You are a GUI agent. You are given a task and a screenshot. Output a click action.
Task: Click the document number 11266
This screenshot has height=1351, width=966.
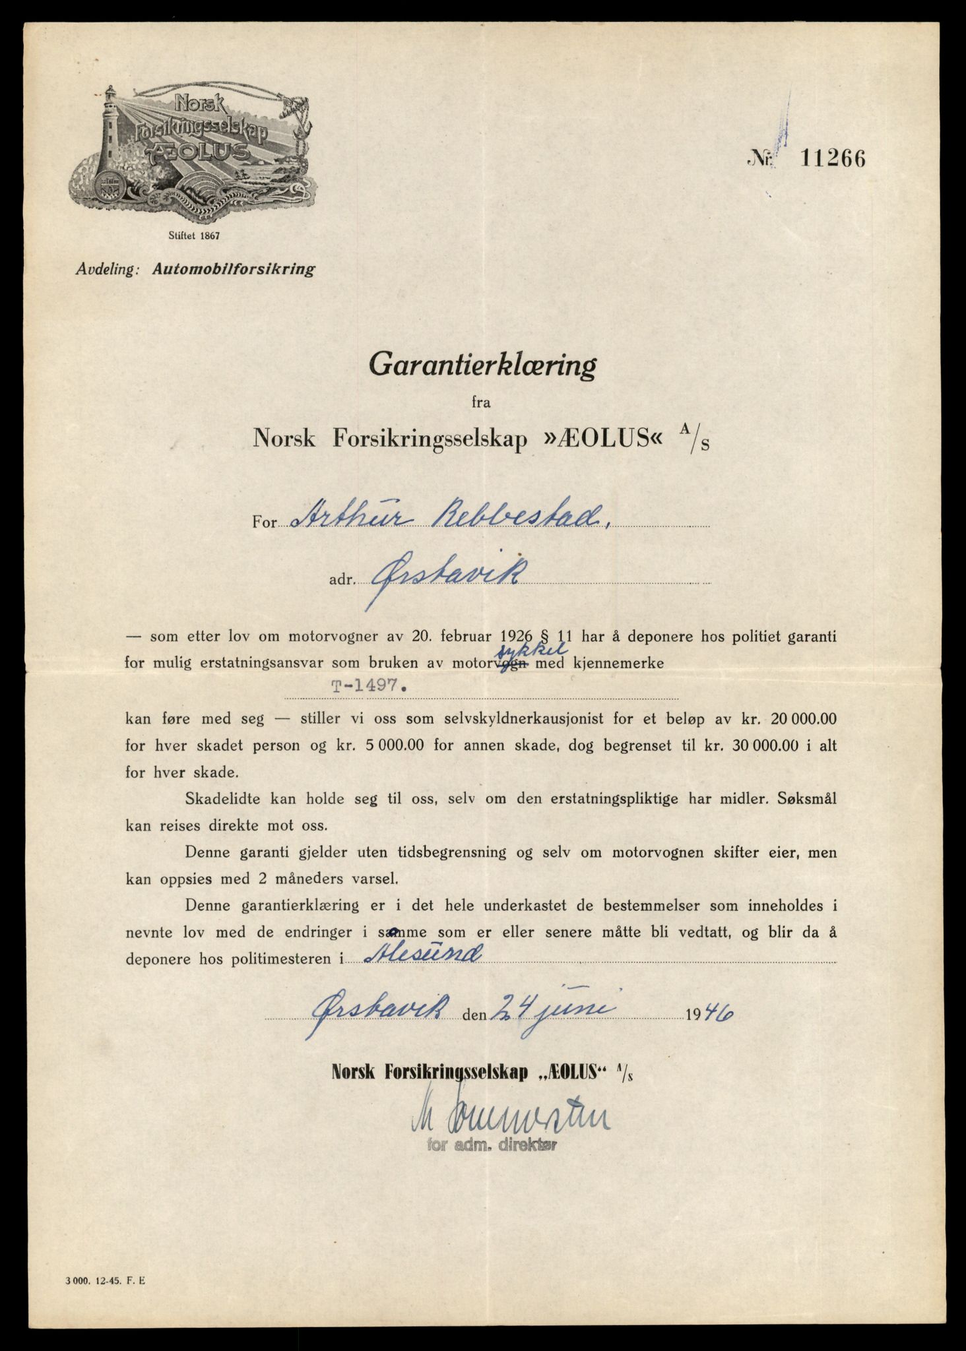[833, 160]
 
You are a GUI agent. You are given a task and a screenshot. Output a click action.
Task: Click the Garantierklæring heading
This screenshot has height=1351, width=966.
[482, 365]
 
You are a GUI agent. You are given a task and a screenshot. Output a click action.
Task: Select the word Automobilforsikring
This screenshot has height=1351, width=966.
[234, 269]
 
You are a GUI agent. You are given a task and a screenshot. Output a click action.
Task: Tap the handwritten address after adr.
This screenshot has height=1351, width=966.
[443, 575]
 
